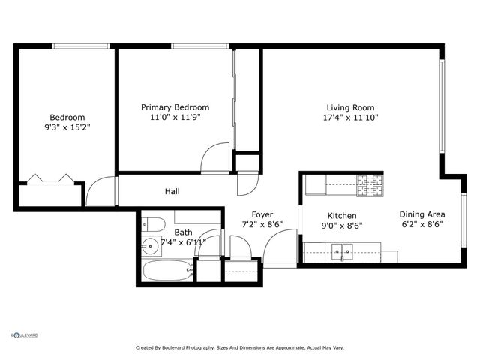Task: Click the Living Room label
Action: pyautogui.click(x=350, y=107)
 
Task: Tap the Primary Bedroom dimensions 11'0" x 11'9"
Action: pyautogui.click(x=175, y=118)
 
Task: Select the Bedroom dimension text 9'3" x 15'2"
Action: pyautogui.click(x=67, y=127)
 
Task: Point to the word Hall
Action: pyautogui.click(x=172, y=191)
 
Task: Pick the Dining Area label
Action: pyautogui.click(x=421, y=213)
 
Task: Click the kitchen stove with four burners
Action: pyautogui.click(x=368, y=181)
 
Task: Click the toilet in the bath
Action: pyautogui.click(x=153, y=223)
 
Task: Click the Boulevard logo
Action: pyautogui.click(x=24, y=335)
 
